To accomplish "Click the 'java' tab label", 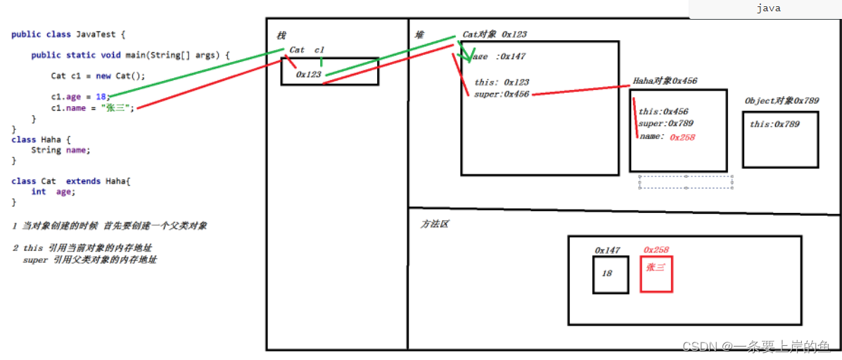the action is tap(768, 8).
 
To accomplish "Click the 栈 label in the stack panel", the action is tap(281, 35).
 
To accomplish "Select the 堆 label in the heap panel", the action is tap(420, 35).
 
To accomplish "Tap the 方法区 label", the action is tap(434, 224).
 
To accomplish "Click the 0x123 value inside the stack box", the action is tap(309, 74).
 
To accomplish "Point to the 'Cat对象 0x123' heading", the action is tap(495, 34).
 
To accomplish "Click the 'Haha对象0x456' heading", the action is tap(665, 81).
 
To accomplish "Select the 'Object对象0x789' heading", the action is tap(782, 101).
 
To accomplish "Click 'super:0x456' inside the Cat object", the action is tap(502, 94).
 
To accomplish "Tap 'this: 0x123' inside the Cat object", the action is tap(502, 82).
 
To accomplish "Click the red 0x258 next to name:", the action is tap(682, 137).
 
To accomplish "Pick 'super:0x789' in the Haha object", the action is tap(666, 124).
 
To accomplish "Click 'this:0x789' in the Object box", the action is tap(774, 124).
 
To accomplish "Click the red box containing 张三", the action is tap(656, 274).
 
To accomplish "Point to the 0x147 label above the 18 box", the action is tap(607, 250).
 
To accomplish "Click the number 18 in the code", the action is tap(101, 97).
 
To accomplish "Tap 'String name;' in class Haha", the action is tap(60, 150).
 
